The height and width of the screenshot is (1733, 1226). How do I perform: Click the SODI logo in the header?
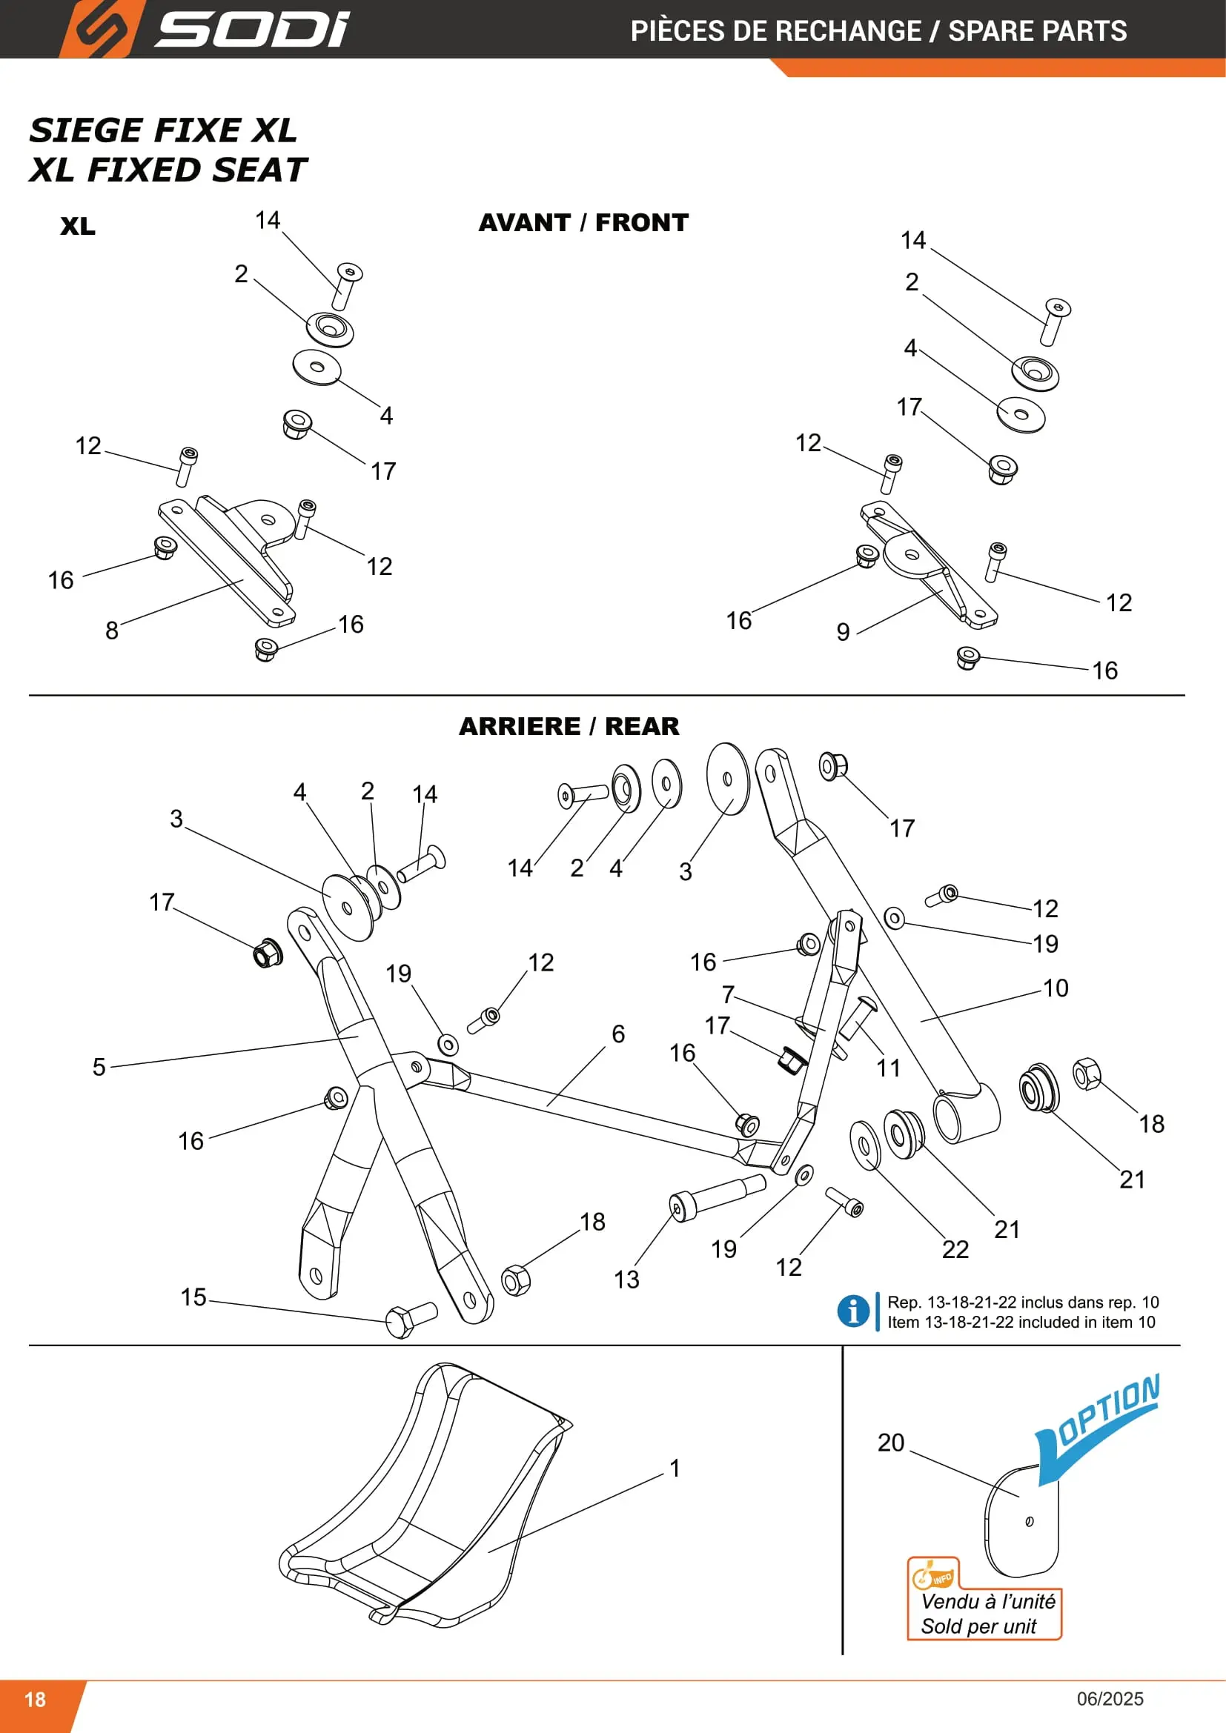[x=204, y=29]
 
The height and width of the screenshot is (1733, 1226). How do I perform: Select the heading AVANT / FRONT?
[x=583, y=223]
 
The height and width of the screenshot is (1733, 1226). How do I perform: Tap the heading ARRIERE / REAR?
[x=569, y=726]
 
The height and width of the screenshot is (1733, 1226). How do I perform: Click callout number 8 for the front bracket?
[x=112, y=631]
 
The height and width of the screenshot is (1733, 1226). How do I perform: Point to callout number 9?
[x=844, y=632]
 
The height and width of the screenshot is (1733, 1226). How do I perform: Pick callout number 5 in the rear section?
[x=99, y=1066]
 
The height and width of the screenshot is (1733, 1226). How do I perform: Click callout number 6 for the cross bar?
[x=618, y=1034]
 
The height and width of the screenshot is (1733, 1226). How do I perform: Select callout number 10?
[x=1056, y=988]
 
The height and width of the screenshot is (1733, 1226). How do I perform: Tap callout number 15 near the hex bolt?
[x=193, y=1297]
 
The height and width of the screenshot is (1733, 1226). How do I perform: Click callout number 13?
[x=626, y=1280]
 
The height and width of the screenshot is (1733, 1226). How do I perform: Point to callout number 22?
[x=955, y=1249]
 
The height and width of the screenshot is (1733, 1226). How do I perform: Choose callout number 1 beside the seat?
[x=675, y=1468]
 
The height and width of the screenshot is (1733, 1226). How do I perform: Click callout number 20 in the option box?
[x=891, y=1443]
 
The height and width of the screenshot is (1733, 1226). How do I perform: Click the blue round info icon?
[x=853, y=1311]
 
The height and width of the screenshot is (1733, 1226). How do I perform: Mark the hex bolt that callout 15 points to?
[x=411, y=1320]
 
